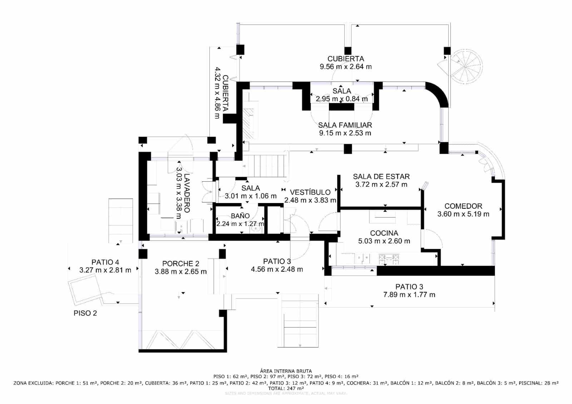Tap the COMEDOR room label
(463, 206)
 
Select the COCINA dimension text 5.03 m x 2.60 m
(384, 241)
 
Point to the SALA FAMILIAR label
(345, 125)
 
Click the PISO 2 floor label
(85, 313)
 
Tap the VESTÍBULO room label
(310, 192)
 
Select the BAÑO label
(240, 216)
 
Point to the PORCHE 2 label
(181, 264)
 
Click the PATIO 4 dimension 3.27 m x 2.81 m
(105, 270)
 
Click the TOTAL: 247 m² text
(286, 388)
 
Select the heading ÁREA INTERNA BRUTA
(286, 371)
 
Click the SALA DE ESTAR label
(381, 177)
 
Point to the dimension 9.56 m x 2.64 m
(345, 67)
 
